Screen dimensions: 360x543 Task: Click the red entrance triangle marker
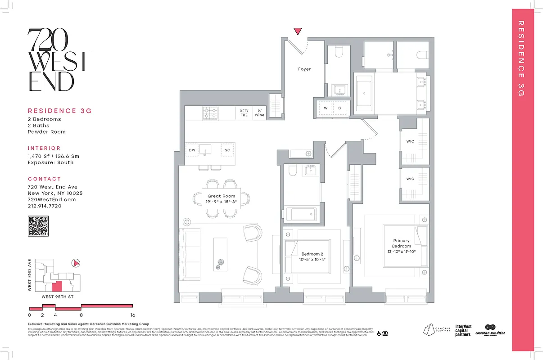click(298, 31)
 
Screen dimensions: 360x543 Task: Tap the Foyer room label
click(304, 69)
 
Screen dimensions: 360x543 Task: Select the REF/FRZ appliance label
click(244, 112)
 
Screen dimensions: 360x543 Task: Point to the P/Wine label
click(259, 112)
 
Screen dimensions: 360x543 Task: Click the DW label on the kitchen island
click(192, 150)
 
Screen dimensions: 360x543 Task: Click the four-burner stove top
click(210, 112)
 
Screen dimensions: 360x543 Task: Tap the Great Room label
click(222, 199)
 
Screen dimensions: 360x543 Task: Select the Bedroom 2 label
click(312, 257)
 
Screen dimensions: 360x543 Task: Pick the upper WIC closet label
click(410, 141)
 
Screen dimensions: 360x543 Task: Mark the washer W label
click(325, 108)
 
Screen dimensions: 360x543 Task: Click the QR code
click(38, 226)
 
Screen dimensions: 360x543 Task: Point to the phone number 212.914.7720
click(45, 206)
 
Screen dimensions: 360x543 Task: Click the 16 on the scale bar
click(133, 315)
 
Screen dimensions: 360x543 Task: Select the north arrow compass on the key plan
click(76, 263)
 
